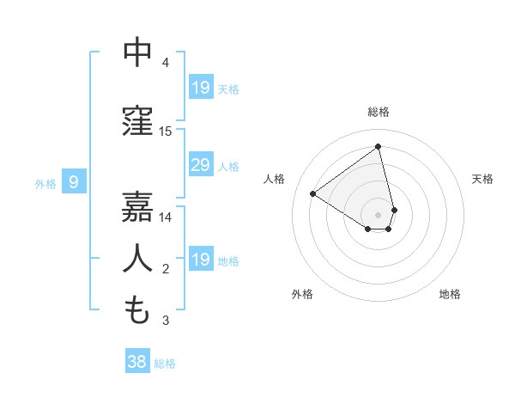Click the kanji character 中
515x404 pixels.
click(137, 52)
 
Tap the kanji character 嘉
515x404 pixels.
click(137, 207)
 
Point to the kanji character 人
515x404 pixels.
click(137, 259)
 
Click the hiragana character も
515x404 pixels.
click(137, 310)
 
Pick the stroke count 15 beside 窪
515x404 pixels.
click(166, 132)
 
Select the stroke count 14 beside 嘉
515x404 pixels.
click(166, 217)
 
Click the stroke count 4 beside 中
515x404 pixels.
click(166, 63)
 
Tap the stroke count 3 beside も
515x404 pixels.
click(166, 321)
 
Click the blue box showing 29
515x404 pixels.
click(200, 165)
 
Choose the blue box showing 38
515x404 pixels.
click(137, 362)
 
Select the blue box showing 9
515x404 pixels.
click(75, 182)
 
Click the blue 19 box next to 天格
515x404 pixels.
click(200, 88)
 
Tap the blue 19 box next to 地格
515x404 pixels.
click(200, 260)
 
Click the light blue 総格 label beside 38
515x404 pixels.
click(165, 364)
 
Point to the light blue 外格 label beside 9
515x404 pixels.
click(45, 183)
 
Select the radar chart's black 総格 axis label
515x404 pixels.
click(378, 112)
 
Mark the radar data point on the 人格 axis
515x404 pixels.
click(313, 193)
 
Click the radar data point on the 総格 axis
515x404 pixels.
click(378, 147)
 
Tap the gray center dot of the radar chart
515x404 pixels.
click(378, 213)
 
